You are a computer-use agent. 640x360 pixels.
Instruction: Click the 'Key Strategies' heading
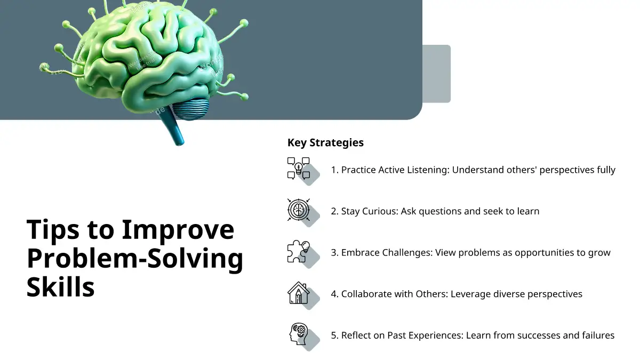[x=325, y=142]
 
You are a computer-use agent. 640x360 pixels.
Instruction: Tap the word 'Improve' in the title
[x=178, y=230]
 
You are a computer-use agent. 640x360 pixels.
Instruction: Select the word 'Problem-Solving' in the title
[x=134, y=259]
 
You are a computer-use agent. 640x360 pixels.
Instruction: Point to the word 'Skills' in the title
[x=60, y=286]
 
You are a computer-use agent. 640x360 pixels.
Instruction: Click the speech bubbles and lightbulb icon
[x=299, y=169]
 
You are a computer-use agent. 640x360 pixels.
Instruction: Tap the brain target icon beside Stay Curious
[x=299, y=210]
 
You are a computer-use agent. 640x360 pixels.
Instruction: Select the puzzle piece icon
[x=299, y=251]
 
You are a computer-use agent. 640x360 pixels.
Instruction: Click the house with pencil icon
[x=299, y=293]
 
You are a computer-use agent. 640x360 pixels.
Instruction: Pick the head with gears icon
[x=299, y=334]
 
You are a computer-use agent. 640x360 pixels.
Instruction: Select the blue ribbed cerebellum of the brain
[x=190, y=108]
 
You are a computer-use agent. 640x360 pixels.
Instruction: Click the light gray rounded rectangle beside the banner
[x=437, y=74]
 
